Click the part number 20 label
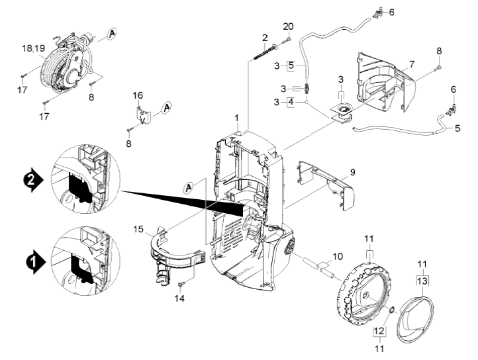tap(288, 27)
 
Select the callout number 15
tap(138, 229)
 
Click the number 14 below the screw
tap(179, 298)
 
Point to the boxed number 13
tap(422, 281)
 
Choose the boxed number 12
tap(379, 330)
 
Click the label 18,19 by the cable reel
tap(34, 48)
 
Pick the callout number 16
tap(138, 95)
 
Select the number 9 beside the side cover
tap(352, 173)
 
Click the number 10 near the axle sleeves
tap(338, 256)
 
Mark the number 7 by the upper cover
tap(412, 64)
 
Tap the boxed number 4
tap(291, 102)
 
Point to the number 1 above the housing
tap(237, 118)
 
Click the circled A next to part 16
tap(166, 108)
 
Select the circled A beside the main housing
tap(189, 188)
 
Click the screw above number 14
tap(181, 285)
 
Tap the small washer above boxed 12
tap(392, 310)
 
